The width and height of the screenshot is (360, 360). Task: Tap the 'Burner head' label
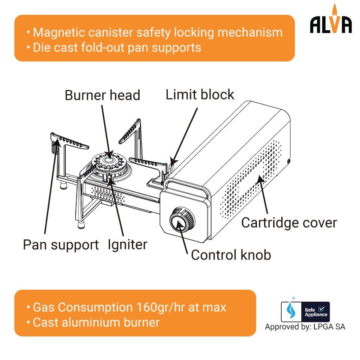[x=102, y=95]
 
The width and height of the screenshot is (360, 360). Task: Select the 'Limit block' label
[x=200, y=95]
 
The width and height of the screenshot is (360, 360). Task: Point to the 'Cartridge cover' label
[x=289, y=223]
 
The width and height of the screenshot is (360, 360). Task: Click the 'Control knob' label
[x=231, y=255]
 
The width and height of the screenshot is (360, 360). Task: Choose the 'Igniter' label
[x=128, y=244]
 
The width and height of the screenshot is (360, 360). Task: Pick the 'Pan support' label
[x=61, y=245]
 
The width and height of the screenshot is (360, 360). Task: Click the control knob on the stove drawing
[x=181, y=221]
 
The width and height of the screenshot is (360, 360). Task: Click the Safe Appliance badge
[x=305, y=311]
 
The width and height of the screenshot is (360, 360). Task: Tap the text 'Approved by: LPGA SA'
[x=305, y=327]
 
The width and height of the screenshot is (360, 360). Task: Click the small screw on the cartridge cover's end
[x=288, y=161]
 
